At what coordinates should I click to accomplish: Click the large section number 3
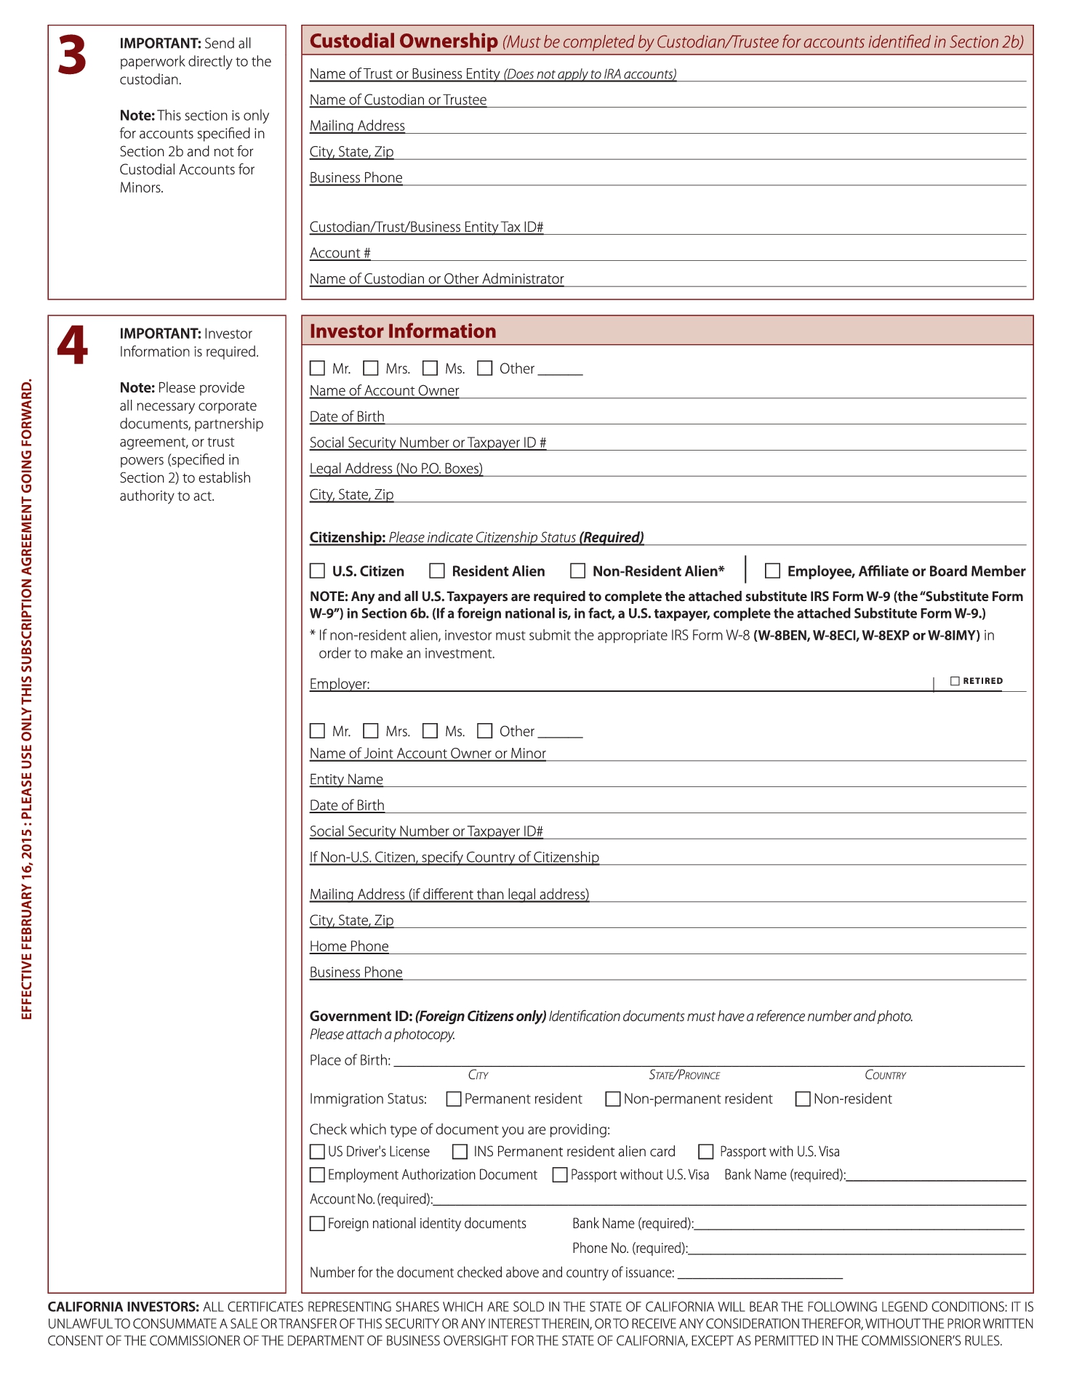[72, 56]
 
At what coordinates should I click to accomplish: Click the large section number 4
[72, 345]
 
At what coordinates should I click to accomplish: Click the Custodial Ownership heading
[404, 41]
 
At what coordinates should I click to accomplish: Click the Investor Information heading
[403, 331]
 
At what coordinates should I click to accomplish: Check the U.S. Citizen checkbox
[318, 571]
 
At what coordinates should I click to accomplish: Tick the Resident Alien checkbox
[437, 571]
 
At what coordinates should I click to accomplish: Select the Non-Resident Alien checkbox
[578, 571]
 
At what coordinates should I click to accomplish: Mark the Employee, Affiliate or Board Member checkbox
[772, 571]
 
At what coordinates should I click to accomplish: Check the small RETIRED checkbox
[955, 681]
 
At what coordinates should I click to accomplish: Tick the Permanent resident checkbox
[454, 1099]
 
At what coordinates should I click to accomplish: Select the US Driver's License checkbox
[317, 1151]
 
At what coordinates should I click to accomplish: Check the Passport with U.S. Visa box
[705, 1151]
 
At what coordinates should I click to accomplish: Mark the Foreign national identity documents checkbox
[317, 1223]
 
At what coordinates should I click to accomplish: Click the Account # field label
[340, 253]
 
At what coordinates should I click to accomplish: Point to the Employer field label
[340, 684]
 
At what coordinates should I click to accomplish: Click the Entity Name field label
[346, 779]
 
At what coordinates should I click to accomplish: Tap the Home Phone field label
[349, 946]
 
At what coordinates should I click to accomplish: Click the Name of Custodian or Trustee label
[398, 100]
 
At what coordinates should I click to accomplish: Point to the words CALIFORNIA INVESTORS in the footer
[123, 1306]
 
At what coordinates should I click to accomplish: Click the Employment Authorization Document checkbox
[317, 1174]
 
